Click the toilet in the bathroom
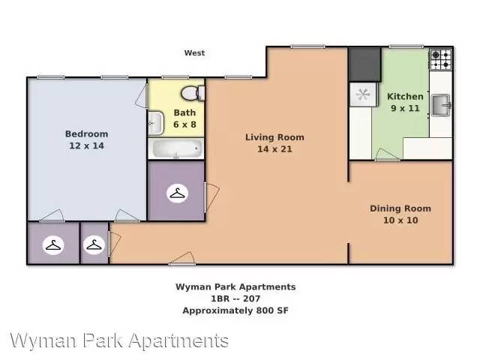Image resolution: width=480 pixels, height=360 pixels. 193,93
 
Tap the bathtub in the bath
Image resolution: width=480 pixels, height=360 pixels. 176,148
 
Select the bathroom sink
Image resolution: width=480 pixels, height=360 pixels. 155,123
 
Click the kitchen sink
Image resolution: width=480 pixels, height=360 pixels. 441,105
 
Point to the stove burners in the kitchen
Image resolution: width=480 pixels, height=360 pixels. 441,59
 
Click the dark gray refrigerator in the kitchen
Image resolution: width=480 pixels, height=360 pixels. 364,64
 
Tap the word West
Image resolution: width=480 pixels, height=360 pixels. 194,53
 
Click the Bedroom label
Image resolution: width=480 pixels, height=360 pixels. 87,133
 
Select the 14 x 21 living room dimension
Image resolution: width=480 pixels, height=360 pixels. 274,149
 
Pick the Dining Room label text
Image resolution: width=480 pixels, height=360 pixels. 400,208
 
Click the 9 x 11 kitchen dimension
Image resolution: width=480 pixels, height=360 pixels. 405,108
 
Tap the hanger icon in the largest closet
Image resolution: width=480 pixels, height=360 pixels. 177,193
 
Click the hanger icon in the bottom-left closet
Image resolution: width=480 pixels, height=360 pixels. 53,245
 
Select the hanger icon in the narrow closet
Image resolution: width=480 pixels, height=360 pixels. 94,245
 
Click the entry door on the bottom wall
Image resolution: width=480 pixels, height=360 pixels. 182,259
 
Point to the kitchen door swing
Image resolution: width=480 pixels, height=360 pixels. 387,154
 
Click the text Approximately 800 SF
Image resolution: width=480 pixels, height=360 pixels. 235,310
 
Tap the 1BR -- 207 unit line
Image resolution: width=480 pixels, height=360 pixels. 235,298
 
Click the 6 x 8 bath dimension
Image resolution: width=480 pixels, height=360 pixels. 184,124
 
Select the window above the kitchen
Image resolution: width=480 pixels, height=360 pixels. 406,46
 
